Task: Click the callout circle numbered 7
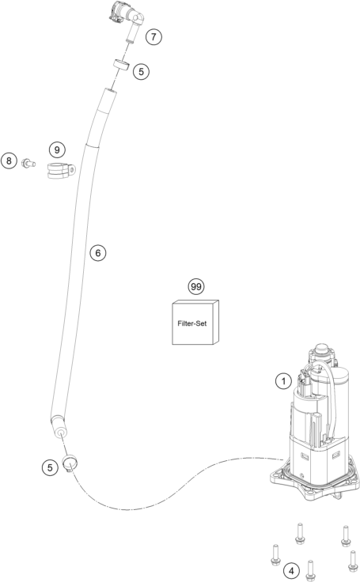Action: tap(153, 36)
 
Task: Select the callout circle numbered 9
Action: tap(57, 149)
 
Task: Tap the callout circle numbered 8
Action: tap(9, 161)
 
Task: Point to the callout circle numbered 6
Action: tap(97, 253)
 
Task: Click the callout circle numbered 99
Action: tap(195, 286)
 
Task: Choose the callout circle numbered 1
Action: tap(283, 381)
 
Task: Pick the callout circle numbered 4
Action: tap(291, 570)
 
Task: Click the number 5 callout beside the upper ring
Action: tap(141, 71)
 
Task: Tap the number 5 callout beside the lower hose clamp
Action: tap(50, 467)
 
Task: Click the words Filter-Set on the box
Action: tap(191, 323)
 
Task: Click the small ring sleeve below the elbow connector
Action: tap(122, 65)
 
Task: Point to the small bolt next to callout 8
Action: tap(28, 163)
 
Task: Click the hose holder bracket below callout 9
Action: tap(61, 170)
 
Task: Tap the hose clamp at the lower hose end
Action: tap(70, 463)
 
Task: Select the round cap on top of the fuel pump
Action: tap(322, 350)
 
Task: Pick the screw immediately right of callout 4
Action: tap(310, 572)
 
